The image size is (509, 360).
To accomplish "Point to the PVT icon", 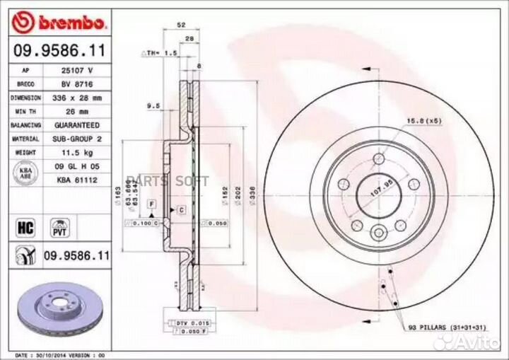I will tap(57, 226).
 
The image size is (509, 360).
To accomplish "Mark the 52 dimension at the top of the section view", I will tap(182, 25).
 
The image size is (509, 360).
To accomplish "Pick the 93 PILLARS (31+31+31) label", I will tap(446, 327).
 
